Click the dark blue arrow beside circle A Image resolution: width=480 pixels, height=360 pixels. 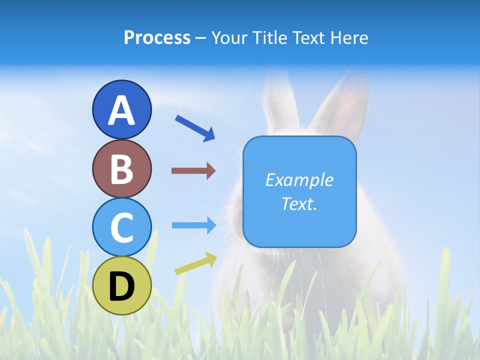point(195,128)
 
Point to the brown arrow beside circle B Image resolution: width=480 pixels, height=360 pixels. point(193,171)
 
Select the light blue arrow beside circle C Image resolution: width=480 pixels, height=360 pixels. point(193,225)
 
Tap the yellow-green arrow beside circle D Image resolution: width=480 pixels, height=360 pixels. point(195,264)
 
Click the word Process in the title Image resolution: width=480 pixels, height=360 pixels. point(157,38)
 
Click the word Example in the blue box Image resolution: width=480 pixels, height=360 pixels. point(299,180)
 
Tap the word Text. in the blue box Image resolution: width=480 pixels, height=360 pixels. point(299,203)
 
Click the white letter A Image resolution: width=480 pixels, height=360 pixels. point(121,110)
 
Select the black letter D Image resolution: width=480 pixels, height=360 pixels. point(121,287)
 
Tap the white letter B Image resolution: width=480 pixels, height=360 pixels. point(121,169)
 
